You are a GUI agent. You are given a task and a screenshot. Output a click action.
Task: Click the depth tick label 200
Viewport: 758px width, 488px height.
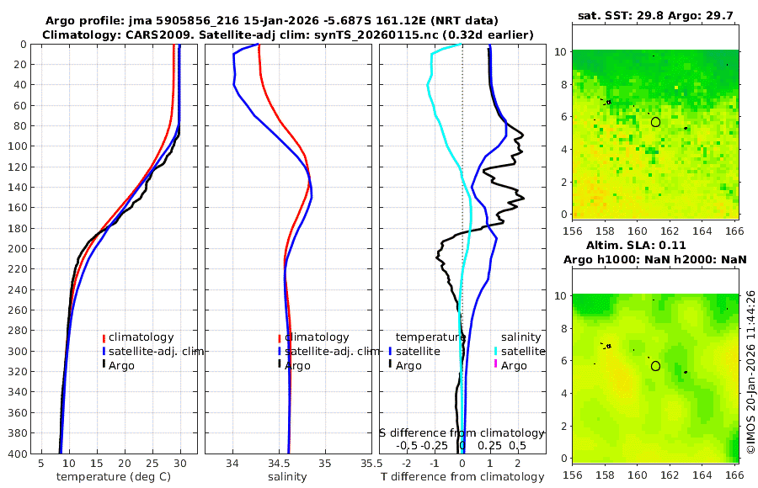(15, 249)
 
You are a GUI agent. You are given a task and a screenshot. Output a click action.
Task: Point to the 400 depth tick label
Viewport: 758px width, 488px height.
(15, 454)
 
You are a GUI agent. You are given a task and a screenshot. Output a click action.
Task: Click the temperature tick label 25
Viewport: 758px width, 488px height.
(152, 463)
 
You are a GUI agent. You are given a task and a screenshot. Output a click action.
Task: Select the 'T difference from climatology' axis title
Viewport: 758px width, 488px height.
(462, 477)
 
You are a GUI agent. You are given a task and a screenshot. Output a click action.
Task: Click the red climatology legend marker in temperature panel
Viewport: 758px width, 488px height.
(104, 337)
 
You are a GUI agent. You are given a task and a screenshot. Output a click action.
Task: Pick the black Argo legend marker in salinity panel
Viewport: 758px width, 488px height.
(279, 365)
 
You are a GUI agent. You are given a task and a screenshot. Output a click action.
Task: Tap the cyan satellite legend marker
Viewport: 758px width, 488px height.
(496, 351)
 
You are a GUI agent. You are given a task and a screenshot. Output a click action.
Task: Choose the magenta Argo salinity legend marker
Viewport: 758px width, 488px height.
(496, 365)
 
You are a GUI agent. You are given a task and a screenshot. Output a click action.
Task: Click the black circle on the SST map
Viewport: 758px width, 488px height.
(655, 122)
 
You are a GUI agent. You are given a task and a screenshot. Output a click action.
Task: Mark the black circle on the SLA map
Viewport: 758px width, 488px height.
(655, 365)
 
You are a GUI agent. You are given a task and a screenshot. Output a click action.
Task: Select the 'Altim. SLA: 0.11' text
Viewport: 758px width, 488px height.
(658, 244)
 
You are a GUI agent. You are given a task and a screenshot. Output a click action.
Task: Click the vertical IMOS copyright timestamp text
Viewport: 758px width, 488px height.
(750, 372)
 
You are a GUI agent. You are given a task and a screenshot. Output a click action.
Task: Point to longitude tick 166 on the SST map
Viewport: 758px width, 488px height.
(734, 230)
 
